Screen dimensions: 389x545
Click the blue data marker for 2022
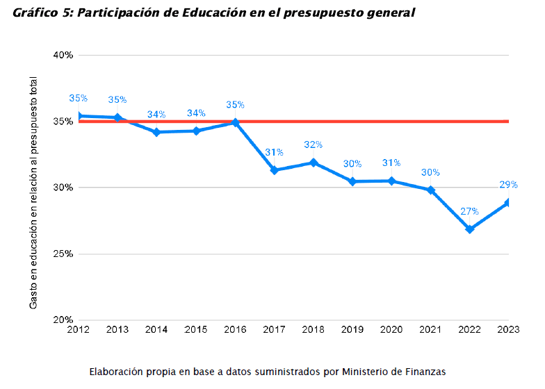(470, 229)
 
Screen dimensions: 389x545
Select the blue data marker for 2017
(275, 170)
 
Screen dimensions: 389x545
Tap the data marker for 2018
(314, 163)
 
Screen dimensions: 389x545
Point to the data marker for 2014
(156, 132)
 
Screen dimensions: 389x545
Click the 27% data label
(469, 211)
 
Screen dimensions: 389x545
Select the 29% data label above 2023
(508, 185)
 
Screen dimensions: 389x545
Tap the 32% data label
(313, 144)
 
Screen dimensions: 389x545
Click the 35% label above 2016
(235, 105)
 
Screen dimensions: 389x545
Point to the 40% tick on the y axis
(64, 55)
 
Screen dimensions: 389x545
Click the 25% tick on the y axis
(64, 254)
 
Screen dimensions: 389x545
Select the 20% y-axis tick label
(64, 320)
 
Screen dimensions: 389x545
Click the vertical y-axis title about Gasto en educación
(34, 193)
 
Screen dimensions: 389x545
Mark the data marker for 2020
(392, 181)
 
